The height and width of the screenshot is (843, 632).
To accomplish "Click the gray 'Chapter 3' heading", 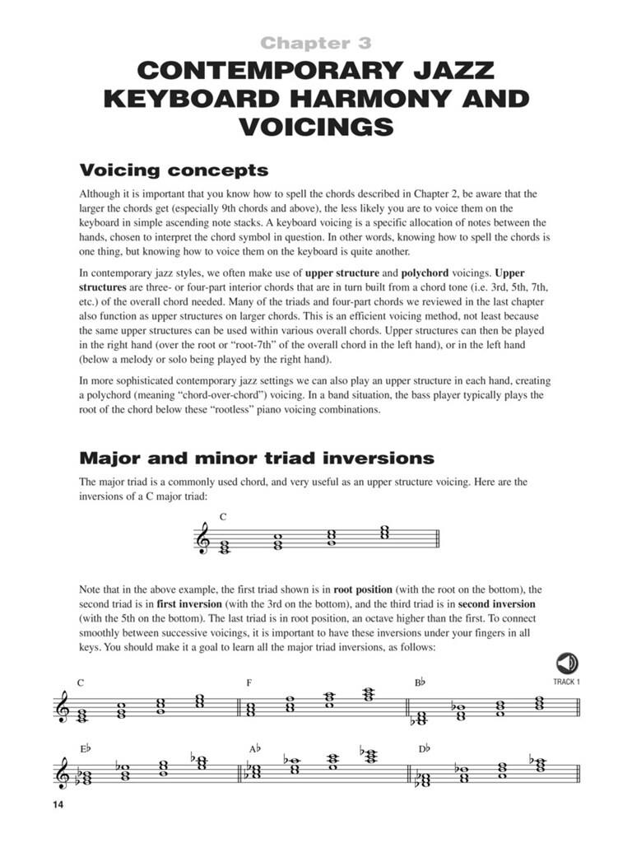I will (x=316, y=43).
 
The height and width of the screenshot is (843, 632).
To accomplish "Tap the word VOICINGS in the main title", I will (x=316, y=128).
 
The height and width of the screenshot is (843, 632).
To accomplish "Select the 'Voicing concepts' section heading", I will (x=174, y=170).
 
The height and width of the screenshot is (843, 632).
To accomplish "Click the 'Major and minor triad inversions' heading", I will (x=256, y=458).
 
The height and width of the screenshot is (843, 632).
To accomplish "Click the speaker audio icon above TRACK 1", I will (x=567, y=664).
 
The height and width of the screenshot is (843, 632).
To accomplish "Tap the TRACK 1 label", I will (x=567, y=682).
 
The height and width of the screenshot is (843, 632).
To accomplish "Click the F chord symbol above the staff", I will (x=249, y=682).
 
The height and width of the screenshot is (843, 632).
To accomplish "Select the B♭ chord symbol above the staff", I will (x=420, y=682).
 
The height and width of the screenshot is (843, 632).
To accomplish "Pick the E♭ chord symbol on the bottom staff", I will (x=85, y=748).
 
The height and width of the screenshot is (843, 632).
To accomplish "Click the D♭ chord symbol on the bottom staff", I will (x=424, y=748).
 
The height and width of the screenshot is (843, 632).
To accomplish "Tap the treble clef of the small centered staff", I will (x=202, y=541).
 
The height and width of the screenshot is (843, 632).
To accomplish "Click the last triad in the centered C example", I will (x=383, y=533).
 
